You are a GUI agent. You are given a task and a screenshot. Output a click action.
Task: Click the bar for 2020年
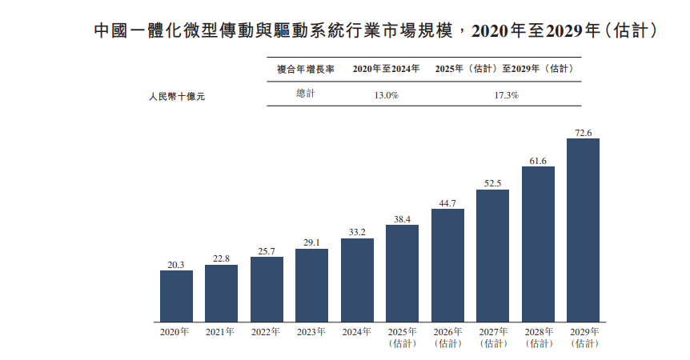click(176, 296)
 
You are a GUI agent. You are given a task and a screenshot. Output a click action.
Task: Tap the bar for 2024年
click(357, 280)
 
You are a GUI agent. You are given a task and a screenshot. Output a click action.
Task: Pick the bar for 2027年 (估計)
click(493, 256)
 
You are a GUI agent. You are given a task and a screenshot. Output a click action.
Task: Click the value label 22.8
click(221, 258)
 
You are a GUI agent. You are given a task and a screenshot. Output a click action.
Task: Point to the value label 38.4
click(402, 218)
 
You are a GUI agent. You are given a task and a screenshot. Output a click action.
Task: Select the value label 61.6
click(538, 161)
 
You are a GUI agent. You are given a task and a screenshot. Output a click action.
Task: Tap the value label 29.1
click(311, 242)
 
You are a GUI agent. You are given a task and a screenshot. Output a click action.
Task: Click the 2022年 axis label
click(267, 331)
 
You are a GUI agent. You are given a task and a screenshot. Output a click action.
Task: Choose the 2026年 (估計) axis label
click(447, 337)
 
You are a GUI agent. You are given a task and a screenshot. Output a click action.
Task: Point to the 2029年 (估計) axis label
click(584, 337)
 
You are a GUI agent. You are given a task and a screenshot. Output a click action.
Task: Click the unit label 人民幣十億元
click(177, 96)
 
